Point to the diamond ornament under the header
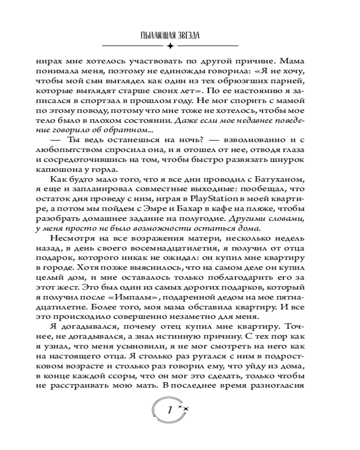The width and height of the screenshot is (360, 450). [170, 46]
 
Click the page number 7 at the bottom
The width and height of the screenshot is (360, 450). [170, 410]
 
